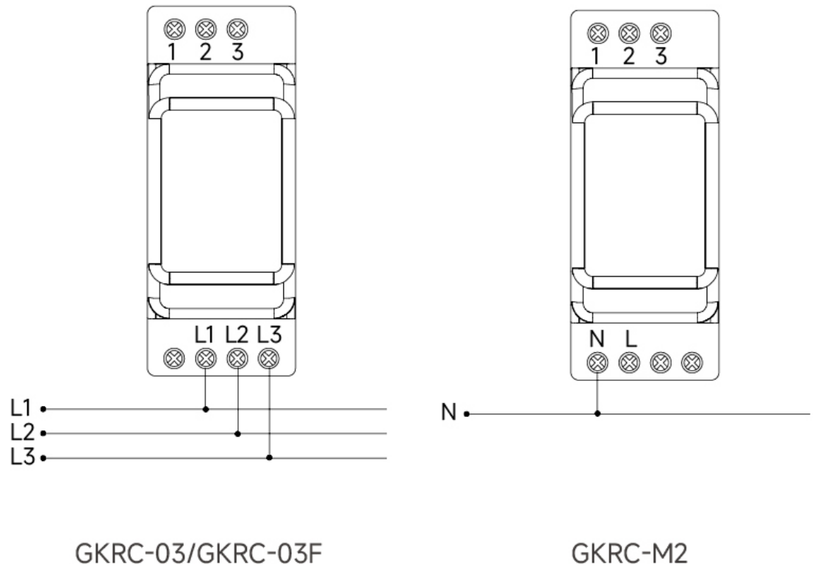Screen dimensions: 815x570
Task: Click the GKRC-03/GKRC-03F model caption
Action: tap(198, 553)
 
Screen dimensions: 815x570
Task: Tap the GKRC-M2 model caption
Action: tap(630, 553)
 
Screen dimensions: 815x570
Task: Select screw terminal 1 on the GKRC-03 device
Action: tap(174, 29)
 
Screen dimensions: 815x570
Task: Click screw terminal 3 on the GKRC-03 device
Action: tap(237, 29)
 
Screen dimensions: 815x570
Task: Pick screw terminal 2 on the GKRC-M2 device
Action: tap(630, 34)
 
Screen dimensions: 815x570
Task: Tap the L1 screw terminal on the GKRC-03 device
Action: tap(206, 358)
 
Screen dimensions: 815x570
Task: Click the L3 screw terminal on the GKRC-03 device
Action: tap(269, 358)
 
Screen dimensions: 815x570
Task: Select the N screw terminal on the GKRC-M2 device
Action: tap(597, 363)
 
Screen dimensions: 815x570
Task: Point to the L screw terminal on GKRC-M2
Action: tap(630, 363)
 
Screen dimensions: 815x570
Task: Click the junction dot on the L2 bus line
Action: tap(237, 433)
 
